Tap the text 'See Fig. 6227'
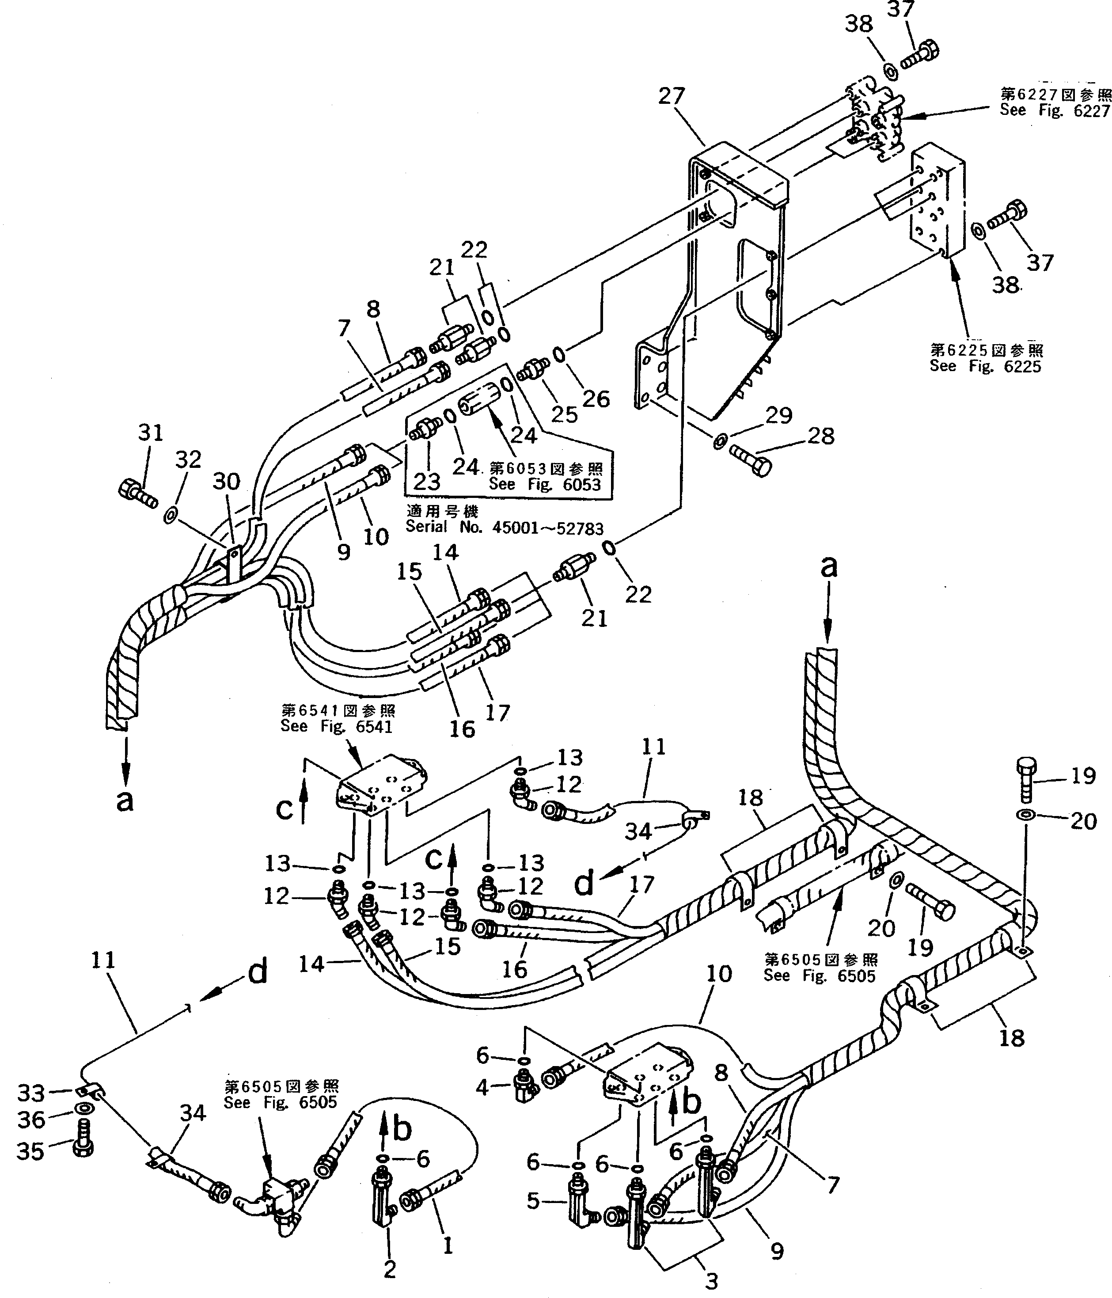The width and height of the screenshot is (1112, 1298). coord(1055,110)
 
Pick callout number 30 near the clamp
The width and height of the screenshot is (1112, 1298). coord(226,482)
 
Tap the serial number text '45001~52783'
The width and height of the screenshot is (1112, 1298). coord(547,528)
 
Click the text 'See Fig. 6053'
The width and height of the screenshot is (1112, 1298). coord(544,485)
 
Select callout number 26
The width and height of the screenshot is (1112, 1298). coord(596,399)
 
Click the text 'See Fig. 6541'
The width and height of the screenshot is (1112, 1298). coord(336,727)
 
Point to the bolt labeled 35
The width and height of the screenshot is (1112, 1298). coord(82,1148)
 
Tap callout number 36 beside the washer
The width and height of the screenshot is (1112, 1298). coord(30,1120)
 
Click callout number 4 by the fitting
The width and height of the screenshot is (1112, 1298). coord(482,1088)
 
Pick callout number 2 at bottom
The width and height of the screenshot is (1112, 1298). coord(389,1269)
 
